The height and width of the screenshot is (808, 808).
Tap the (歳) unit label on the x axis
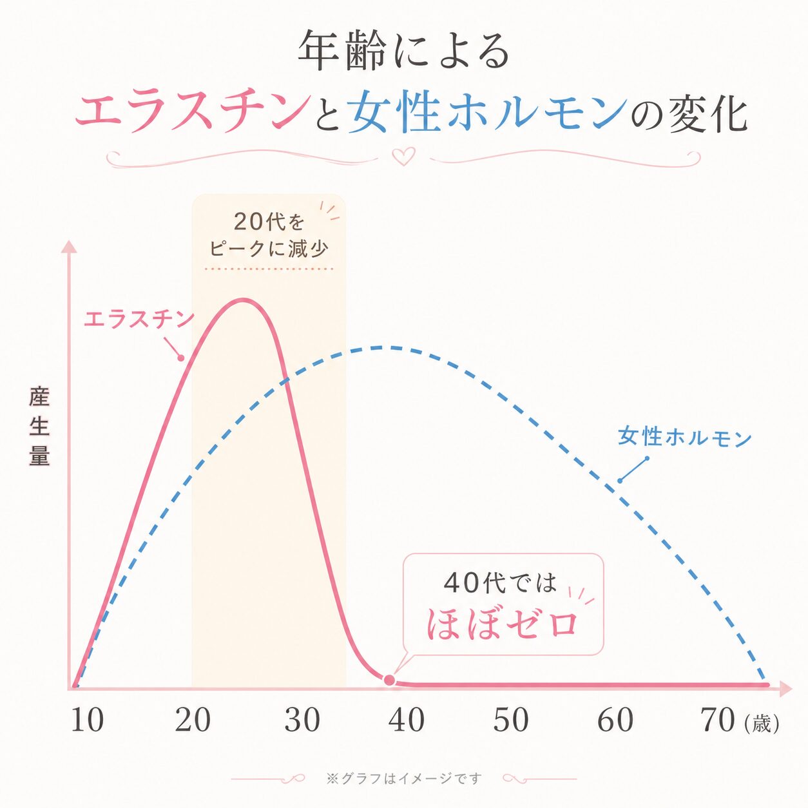pos(762,724)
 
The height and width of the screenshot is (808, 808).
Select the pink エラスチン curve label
pos(139,320)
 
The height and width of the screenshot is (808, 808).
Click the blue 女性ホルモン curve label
pos(685,438)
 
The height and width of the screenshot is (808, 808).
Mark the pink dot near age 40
pos(389,680)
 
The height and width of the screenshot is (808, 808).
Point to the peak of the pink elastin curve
pos(243,299)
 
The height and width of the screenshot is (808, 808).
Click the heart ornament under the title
pos(403,156)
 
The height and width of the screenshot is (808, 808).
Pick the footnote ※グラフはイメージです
pos(404,778)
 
